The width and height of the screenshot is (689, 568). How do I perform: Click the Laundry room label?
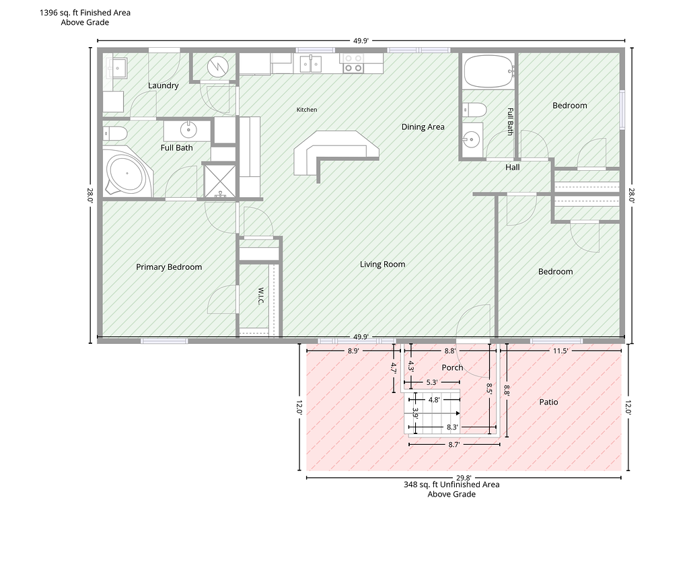point(163,85)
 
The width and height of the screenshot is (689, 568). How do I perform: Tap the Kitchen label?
point(307,110)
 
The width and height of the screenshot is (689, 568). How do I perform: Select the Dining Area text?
point(423,127)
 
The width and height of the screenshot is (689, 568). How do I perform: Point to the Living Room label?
point(382,264)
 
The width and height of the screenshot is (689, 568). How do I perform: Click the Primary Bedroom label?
point(169,267)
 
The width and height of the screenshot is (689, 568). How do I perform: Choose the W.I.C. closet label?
point(260,296)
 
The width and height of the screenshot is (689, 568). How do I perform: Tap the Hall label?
point(512,167)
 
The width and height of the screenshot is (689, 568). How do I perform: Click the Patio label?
point(548,402)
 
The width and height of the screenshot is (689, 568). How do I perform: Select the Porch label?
point(452,367)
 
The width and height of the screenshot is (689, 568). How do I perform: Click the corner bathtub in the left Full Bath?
point(127,172)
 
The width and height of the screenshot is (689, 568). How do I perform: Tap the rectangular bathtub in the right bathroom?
point(488,71)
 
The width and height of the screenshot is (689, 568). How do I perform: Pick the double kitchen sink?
point(311,63)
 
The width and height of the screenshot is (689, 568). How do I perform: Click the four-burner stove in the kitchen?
point(353,63)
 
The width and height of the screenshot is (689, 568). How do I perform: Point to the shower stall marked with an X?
point(220,180)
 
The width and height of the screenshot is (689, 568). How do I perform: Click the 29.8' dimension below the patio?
point(463,478)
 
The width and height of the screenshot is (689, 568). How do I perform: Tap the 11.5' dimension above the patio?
point(560,351)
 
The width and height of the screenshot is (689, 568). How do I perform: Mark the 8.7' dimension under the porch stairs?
point(454,444)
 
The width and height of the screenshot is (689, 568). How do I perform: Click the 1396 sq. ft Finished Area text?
point(85,13)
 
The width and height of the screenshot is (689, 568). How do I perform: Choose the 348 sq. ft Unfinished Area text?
point(451,485)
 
